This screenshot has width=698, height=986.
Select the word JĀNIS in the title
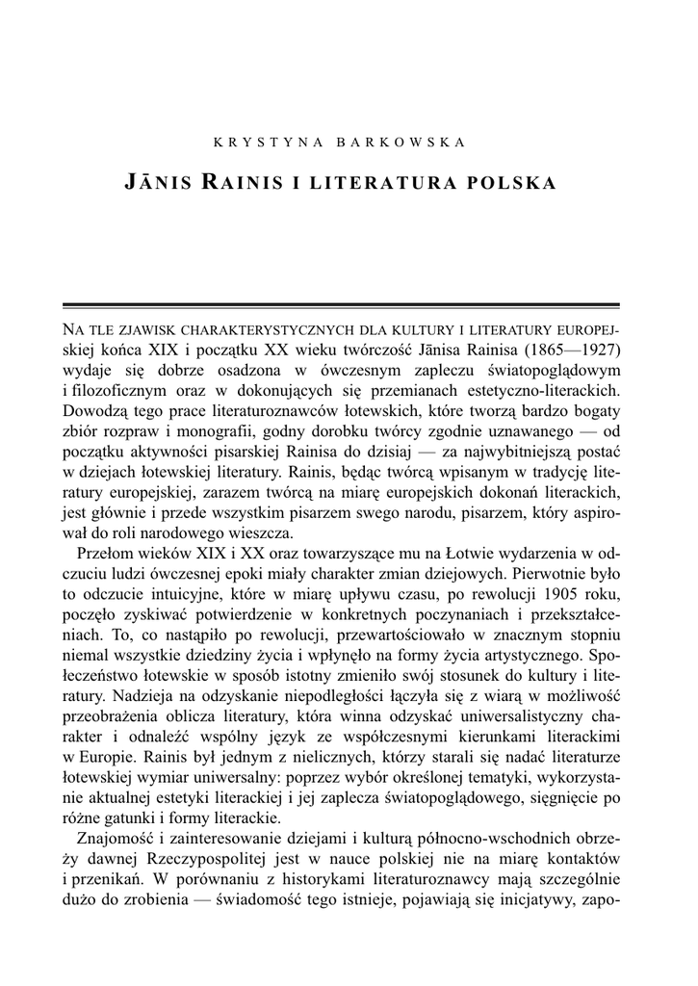click(160, 181)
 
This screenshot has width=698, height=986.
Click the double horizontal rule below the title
click(349, 303)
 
